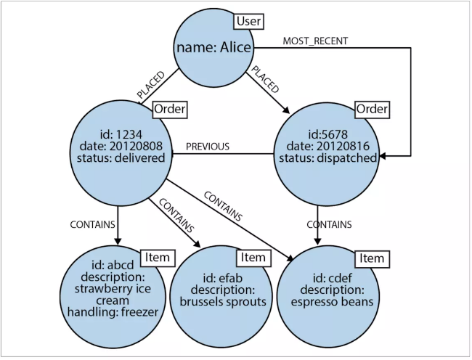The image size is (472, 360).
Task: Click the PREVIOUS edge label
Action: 208,147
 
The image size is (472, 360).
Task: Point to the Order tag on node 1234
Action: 169,110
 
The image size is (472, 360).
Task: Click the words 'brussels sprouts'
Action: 223,300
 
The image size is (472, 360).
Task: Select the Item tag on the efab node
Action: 253,258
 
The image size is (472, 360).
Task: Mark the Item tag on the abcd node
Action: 158,257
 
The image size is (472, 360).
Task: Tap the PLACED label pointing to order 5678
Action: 264,78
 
